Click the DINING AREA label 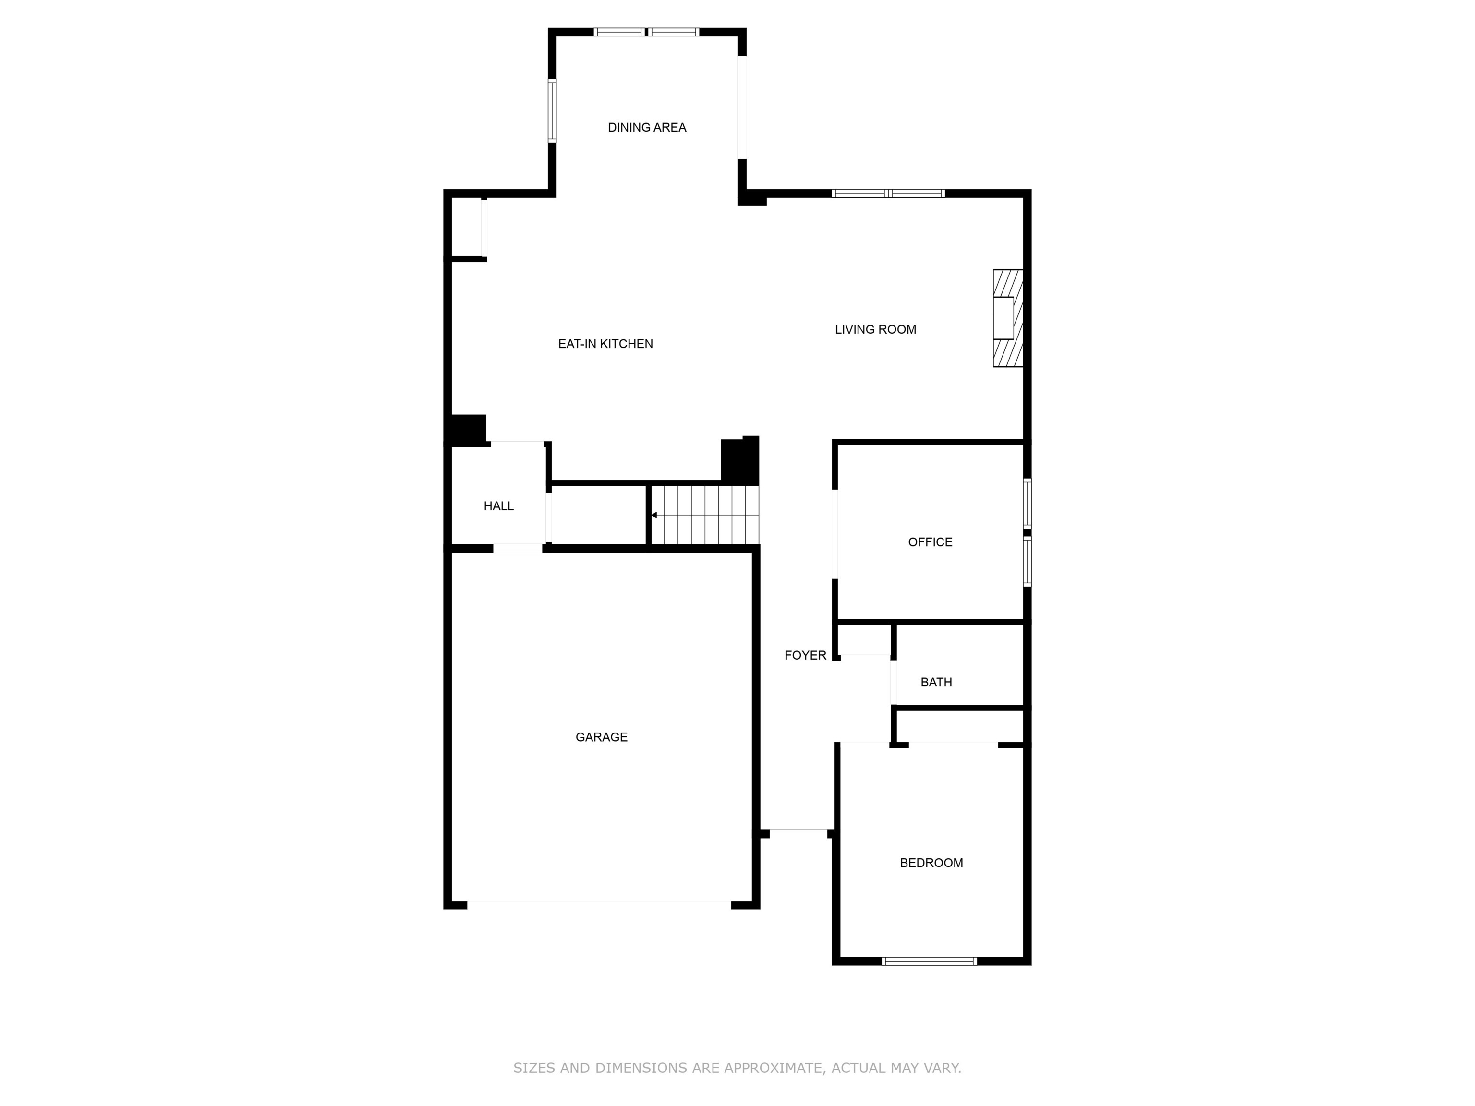(647, 127)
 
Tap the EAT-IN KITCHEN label (605, 344)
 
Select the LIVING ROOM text (875, 329)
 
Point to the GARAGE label (602, 737)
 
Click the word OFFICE (930, 542)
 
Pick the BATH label (936, 683)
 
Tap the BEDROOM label (931, 863)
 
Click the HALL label (499, 506)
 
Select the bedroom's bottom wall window (930, 962)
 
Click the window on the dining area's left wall (552, 111)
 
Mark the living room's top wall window (888, 194)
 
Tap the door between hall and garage (518, 549)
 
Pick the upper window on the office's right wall (1028, 504)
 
